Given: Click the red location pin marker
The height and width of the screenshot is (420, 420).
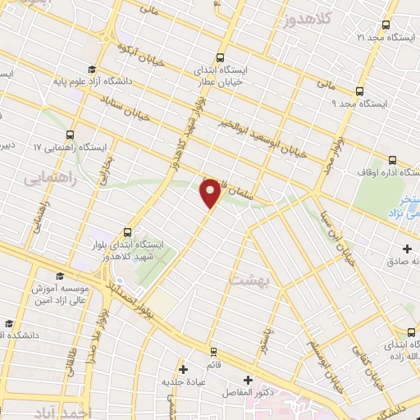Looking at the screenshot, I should [x=211, y=192].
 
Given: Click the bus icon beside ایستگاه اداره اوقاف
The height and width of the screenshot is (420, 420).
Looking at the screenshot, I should [x=392, y=161].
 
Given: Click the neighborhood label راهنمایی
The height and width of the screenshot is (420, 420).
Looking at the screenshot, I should [x=50, y=177].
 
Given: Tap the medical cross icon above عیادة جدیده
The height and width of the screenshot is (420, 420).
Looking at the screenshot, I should [x=183, y=369].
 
